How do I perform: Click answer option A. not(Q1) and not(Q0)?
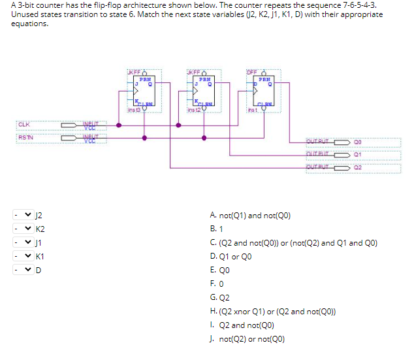click(x=250, y=215)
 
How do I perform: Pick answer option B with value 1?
click(x=217, y=229)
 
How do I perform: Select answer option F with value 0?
click(x=216, y=284)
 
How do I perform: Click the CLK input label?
click(x=24, y=124)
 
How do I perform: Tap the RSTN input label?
click(x=25, y=137)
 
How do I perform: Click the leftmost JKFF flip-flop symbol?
click(x=143, y=91)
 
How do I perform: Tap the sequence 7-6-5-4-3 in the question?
click(x=360, y=5)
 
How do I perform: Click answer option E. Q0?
click(x=220, y=270)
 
